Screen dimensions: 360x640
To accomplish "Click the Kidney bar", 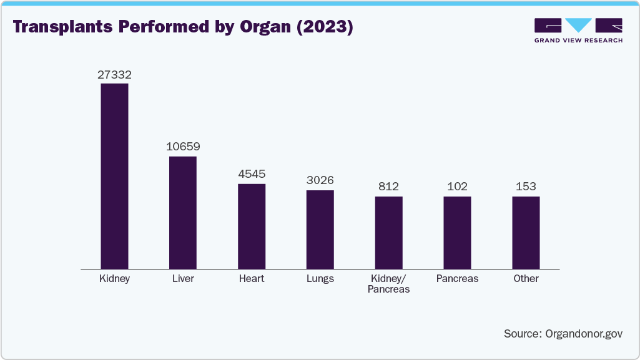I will [114, 176].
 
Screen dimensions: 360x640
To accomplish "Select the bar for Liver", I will [183, 212].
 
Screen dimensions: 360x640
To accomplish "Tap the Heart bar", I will [252, 226].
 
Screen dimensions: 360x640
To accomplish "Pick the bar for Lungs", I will [320, 229].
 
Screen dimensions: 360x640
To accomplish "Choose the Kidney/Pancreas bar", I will [388, 232].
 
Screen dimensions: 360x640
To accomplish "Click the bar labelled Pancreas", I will [457, 232].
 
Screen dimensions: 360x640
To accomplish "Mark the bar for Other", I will [526, 232].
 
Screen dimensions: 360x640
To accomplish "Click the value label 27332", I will [114, 75].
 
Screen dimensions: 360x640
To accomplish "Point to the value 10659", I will [183, 147].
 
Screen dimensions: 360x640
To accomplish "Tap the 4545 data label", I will [252, 175].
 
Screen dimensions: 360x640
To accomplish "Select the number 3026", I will [320, 181].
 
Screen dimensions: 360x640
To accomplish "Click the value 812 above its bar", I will [388, 187].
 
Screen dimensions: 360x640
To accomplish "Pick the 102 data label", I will [457, 187].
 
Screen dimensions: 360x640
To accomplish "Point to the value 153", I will [526, 187].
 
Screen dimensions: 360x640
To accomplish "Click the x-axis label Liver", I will [183, 279].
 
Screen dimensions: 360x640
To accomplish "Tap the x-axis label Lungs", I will [320, 279].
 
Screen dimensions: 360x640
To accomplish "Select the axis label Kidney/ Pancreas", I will [388, 284].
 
